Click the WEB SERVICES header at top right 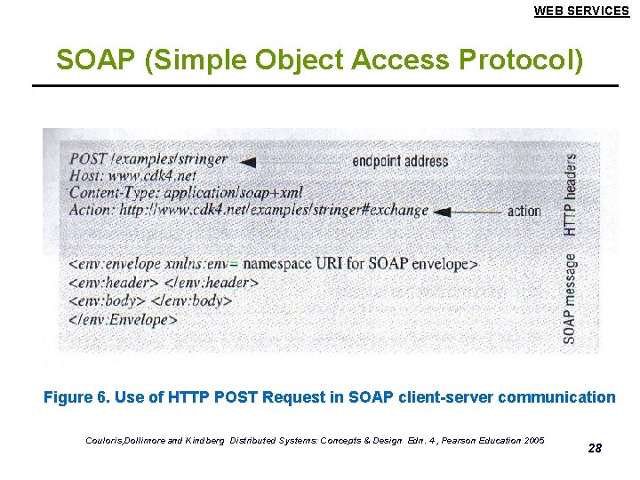click(581, 12)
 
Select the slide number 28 click(595, 448)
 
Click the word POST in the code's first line click(88, 159)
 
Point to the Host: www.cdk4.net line click(132, 176)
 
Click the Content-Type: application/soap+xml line click(185, 193)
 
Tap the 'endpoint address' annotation click(400, 162)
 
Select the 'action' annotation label click(524, 212)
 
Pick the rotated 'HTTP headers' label click(570, 195)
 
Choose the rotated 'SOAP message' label click(570, 298)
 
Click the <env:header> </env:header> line click(164, 283)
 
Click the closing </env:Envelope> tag click(123, 318)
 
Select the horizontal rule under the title click(324, 85)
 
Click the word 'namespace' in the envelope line click(277, 264)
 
